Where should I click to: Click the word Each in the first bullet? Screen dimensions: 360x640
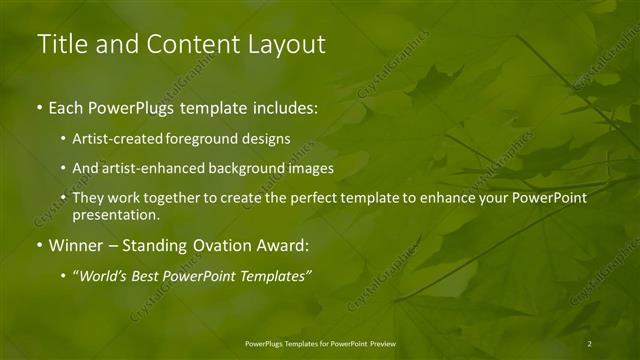coord(66,106)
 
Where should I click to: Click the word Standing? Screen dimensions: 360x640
coord(165,243)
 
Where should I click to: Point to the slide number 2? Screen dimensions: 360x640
coord(589,343)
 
